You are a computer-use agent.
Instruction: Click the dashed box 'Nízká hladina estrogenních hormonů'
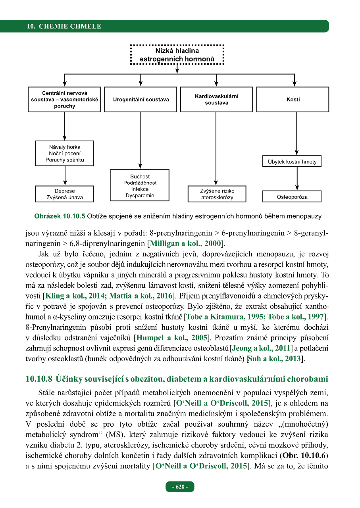pos(177,55)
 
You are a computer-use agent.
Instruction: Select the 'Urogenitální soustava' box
pos(141,100)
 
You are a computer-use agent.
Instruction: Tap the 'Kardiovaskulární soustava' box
pos(216,100)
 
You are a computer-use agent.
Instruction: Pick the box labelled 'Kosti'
pos(293,100)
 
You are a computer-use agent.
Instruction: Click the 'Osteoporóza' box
pos(292,197)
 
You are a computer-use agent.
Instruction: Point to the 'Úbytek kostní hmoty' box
pos(292,162)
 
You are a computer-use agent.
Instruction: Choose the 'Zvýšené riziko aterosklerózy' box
pos(216,194)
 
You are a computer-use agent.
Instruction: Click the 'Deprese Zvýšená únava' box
pos(64,194)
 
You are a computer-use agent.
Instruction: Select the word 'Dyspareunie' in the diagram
pos(140,195)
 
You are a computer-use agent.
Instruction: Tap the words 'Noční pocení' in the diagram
pos(65,154)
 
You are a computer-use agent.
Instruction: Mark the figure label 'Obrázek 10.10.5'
pos(59,217)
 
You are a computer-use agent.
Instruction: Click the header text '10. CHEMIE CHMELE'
pos(64,27)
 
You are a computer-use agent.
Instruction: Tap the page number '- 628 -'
pos(180,487)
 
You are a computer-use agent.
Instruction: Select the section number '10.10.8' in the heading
pos(39,379)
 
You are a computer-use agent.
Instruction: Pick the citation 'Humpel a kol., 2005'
pos(171,338)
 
